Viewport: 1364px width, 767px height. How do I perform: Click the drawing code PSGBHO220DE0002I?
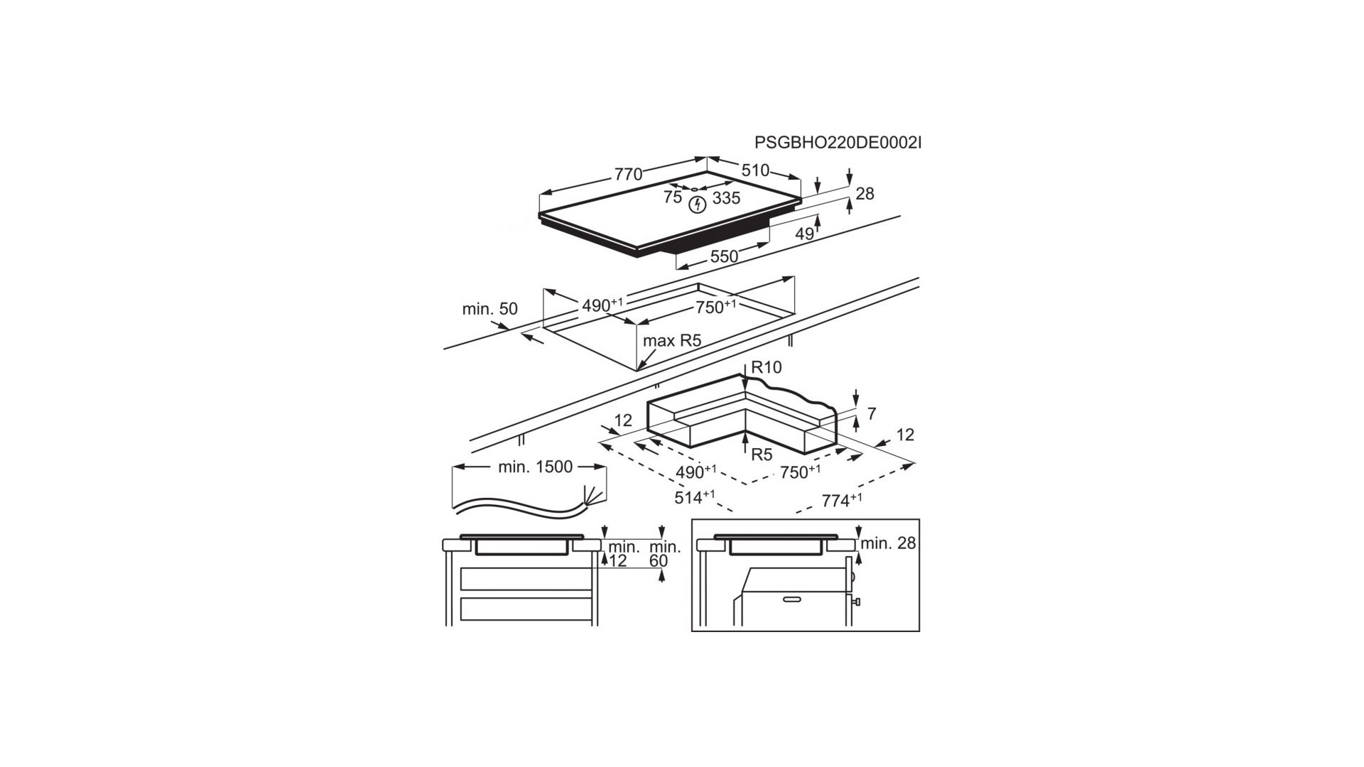(838, 143)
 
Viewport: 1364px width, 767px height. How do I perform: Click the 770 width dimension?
(628, 174)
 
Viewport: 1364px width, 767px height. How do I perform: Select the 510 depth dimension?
(755, 170)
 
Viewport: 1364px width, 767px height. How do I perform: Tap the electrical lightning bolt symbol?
(698, 205)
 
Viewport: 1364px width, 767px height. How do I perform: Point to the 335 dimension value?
(726, 198)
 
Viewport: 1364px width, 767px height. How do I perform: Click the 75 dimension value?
(673, 197)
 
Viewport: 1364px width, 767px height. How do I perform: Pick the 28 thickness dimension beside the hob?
(865, 193)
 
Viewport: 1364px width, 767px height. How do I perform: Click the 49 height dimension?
(804, 234)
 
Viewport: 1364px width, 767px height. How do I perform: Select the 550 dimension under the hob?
(724, 256)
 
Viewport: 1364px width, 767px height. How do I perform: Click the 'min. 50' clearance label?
(489, 310)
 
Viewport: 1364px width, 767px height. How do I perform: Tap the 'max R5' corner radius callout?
(672, 341)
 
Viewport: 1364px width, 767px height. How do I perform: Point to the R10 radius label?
(766, 367)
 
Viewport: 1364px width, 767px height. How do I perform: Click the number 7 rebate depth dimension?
(872, 413)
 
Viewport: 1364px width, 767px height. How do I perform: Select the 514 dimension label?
(694, 497)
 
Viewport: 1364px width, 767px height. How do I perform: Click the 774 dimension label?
(842, 500)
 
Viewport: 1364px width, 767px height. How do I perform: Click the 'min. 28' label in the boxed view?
(888, 544)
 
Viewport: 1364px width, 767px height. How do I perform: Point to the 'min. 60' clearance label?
(665, 553)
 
